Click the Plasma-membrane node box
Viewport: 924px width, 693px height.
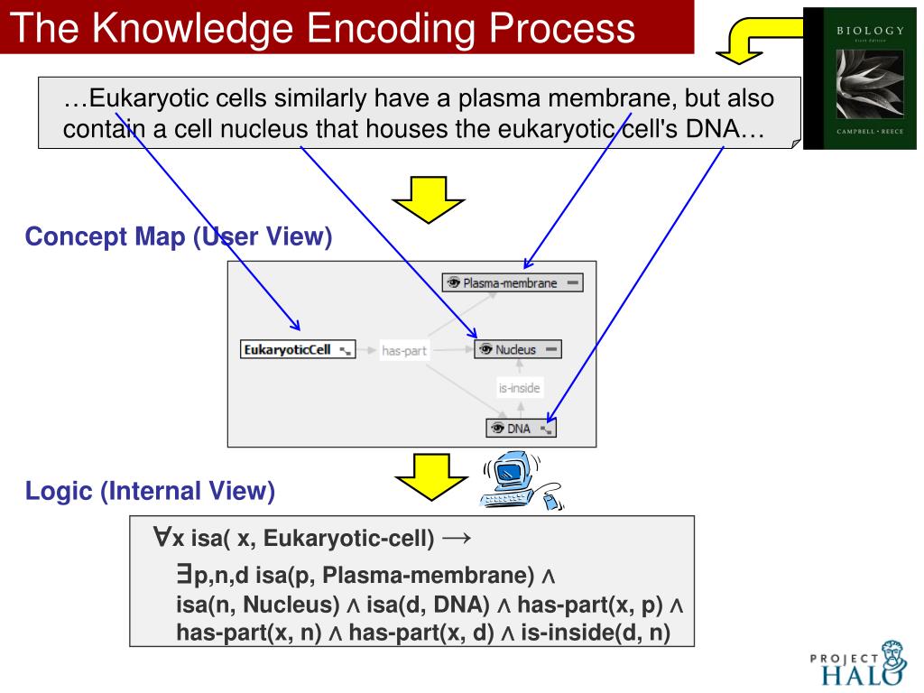click(512, 282)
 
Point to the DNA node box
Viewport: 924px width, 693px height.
click(521, 429)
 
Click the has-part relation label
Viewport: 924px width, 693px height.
click(403, 350)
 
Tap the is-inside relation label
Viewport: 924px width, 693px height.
click(519, 389)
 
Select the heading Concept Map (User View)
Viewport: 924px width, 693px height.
click(179, 237)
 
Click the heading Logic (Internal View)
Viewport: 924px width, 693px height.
click(149, 491)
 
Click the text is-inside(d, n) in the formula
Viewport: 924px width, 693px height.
click(604, 633)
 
